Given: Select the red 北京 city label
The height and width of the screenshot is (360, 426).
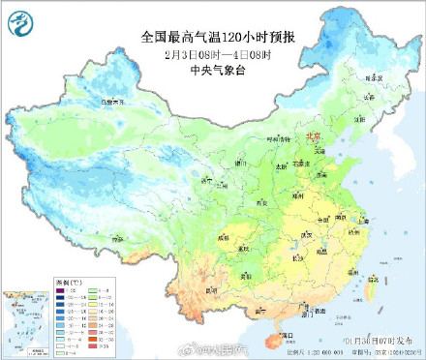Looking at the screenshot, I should tap(312, 137).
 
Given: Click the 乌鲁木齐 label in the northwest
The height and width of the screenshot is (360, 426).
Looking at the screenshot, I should tap(113, 100).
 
